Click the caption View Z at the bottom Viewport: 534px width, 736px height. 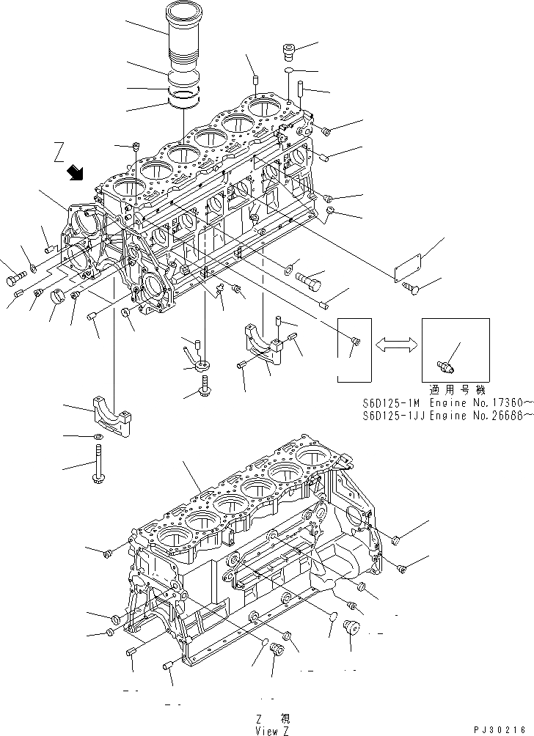click(272, 730)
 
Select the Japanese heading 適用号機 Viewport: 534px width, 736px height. click(456, 390)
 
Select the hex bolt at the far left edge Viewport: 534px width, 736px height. click(15, 279)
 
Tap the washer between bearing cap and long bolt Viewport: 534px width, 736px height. click(97, 437)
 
